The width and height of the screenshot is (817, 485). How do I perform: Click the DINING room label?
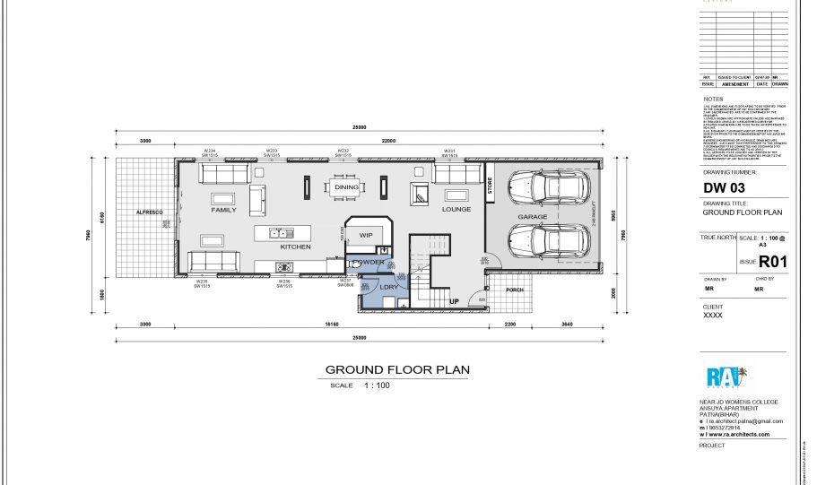[x=346, y=187]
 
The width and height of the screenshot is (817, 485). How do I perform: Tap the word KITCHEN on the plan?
[x=295, y=246]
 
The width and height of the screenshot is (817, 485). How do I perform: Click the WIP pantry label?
[x=365, y=235]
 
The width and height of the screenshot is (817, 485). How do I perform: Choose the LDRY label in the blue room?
[x=388, y=287]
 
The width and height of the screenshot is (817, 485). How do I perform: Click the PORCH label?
[x=515, y=290]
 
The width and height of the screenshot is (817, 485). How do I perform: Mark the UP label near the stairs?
[x=454, y=301]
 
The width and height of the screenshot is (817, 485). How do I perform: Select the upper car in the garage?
[x=549, y=186]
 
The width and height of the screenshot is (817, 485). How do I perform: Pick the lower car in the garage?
[x=549, y=239]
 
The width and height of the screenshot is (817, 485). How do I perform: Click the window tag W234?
[x=210, y=151]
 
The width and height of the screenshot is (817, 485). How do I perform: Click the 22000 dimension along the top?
[x=388, y=141]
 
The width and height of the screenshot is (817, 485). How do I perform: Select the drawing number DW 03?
[x=724, y=188]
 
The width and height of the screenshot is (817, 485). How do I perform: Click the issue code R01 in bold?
[x=773, y=262]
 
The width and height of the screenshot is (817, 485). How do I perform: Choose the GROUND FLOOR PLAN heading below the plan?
[x=396, y=369]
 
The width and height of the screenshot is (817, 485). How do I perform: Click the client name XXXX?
[x=713, y=316]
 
